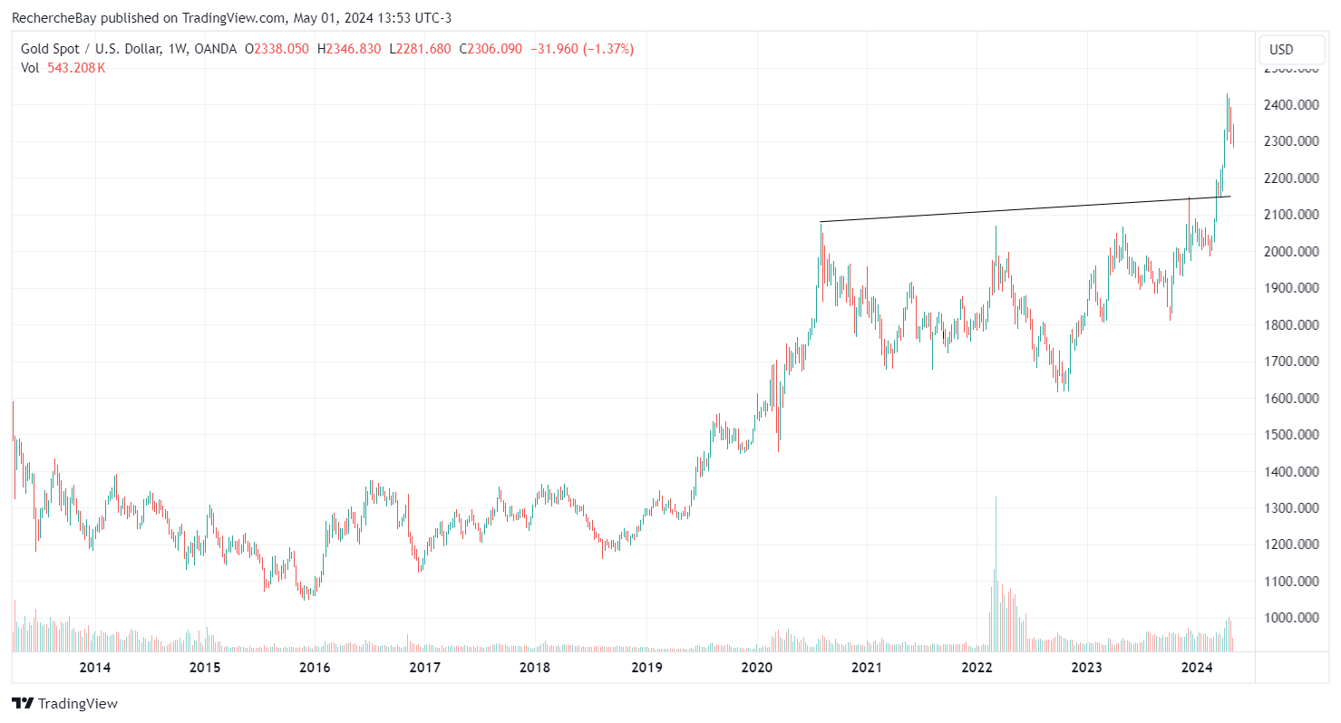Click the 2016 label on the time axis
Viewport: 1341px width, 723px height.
click(315, 668)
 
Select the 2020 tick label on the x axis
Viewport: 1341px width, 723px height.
click(756, 668)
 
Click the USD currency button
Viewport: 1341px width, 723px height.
click(1281, 49)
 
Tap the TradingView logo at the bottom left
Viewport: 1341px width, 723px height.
click(64, 703)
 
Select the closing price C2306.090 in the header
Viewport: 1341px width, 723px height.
click(491, 49)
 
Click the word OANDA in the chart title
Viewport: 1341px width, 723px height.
click(216, 49)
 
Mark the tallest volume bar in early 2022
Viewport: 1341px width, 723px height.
click(996, 571)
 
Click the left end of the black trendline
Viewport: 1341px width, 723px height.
click(821, 222)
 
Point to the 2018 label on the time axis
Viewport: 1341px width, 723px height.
click(535, 668)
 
